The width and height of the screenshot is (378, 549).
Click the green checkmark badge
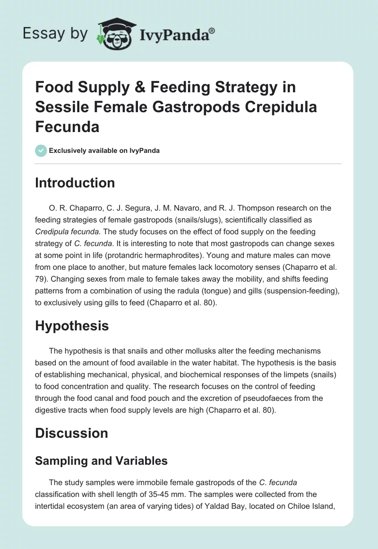point(41,151)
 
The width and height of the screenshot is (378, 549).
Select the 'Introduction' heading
point(75,183)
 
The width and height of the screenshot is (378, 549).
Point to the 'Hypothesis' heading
point(72,326)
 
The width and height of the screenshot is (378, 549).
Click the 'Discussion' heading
point(71,433)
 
